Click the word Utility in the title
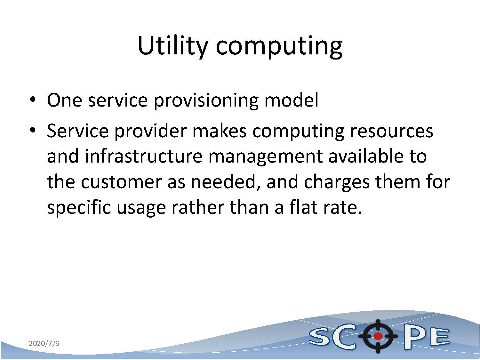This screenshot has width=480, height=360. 172,46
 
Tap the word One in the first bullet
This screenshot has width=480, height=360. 65,100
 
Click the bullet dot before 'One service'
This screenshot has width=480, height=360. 33,100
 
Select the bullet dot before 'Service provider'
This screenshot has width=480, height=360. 33,130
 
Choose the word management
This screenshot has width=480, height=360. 266,158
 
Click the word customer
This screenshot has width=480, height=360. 121,182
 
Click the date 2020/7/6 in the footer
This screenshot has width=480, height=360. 44,343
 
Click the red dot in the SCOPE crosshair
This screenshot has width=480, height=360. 378,336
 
